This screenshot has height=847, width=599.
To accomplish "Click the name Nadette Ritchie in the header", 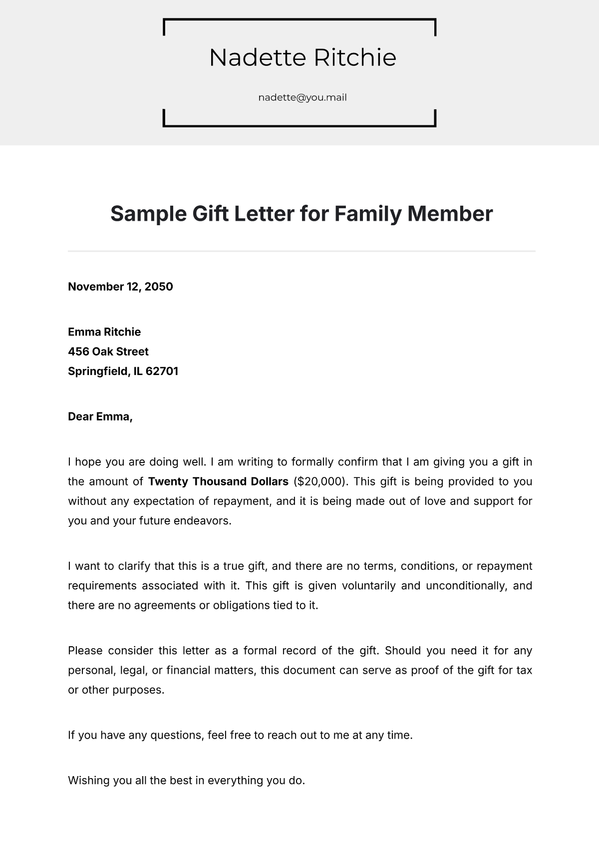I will (x=302, y=57).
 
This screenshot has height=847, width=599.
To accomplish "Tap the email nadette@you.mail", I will (x=302, y=97).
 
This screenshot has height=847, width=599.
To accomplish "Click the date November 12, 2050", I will (x=120, y=287).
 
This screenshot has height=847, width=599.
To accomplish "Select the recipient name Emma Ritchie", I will (x=104, y=332).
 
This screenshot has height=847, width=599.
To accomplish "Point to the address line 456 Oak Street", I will (x=108, y=352).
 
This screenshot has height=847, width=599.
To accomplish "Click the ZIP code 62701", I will (x=162, y=371).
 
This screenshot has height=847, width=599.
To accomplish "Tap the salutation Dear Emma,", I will (x=100, y=417).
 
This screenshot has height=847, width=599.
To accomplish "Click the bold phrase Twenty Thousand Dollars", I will (x=218, y=481).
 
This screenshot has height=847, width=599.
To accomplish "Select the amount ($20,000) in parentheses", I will (x=320, y=481).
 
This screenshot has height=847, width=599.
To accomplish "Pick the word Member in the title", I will (x=450, y=214).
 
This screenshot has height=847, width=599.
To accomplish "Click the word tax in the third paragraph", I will (x=524, y=670).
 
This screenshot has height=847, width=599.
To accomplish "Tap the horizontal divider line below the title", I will (x=301, y=251).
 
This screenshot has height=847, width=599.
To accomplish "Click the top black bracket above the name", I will (x=299, y=20).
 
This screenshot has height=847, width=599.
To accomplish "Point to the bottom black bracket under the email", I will (x=299, y=125).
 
